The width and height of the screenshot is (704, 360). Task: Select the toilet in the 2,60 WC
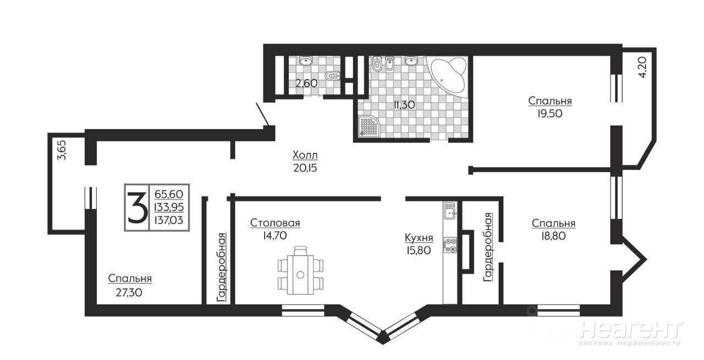333,76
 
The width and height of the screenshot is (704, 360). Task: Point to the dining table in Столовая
300,270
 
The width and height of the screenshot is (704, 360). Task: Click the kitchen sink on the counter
450,211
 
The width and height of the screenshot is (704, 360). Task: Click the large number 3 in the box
137,207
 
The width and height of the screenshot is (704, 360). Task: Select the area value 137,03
169,220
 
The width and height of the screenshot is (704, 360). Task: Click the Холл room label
305,155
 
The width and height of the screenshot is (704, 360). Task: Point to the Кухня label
419,238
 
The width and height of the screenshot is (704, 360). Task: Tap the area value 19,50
549,113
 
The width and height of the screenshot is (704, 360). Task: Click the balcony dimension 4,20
643,68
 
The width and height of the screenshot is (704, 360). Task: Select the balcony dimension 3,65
62,151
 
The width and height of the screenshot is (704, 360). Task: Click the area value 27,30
129,293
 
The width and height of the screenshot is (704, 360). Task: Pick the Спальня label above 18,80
553,223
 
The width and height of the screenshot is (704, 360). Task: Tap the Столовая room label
275,223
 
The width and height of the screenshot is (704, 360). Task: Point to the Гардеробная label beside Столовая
222,268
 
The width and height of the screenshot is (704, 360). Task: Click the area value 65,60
169,194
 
